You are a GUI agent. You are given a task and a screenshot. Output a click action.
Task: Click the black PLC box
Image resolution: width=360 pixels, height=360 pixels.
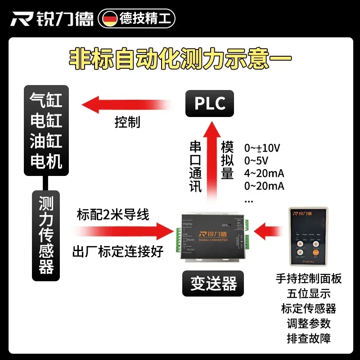click(x=210, y=103)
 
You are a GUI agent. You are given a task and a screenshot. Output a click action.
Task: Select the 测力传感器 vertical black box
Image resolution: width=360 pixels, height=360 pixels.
click(x=46, y=235)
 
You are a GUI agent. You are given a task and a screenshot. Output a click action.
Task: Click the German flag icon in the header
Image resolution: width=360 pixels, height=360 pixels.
click(x=110, y=18)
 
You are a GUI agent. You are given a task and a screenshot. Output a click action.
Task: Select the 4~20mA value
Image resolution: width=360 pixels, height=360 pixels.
click(x=264, y=174)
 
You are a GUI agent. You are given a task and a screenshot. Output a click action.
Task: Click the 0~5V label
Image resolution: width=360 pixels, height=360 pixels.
click(x=256, y=161)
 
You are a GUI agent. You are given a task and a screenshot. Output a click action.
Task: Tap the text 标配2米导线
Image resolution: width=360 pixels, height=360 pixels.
click(x=112, y=215)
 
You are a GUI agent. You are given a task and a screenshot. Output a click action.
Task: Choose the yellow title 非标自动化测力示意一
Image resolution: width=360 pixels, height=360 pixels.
click(x=180, y=59)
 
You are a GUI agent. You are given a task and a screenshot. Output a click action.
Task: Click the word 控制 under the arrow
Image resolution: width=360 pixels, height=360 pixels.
click(x=127, y=122)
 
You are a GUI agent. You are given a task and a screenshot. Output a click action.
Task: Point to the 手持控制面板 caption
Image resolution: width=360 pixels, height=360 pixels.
click(x=309, y=279)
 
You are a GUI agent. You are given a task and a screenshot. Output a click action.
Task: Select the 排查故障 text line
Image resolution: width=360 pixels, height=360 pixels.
click(x=309, y=338)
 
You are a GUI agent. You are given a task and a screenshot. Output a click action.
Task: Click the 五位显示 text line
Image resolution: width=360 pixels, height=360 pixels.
click(x=309, y=293)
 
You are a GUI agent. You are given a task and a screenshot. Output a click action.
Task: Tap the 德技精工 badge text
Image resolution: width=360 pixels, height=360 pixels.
click(x=144, y=18)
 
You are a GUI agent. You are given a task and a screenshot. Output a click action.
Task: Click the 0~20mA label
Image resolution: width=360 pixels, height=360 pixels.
click(x=264, y=186)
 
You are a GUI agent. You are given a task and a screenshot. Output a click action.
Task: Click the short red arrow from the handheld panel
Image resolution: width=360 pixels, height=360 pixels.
click(x=269, y=233)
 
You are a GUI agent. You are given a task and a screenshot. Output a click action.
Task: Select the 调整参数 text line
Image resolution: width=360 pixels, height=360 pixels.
click(x=309, y=323)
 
